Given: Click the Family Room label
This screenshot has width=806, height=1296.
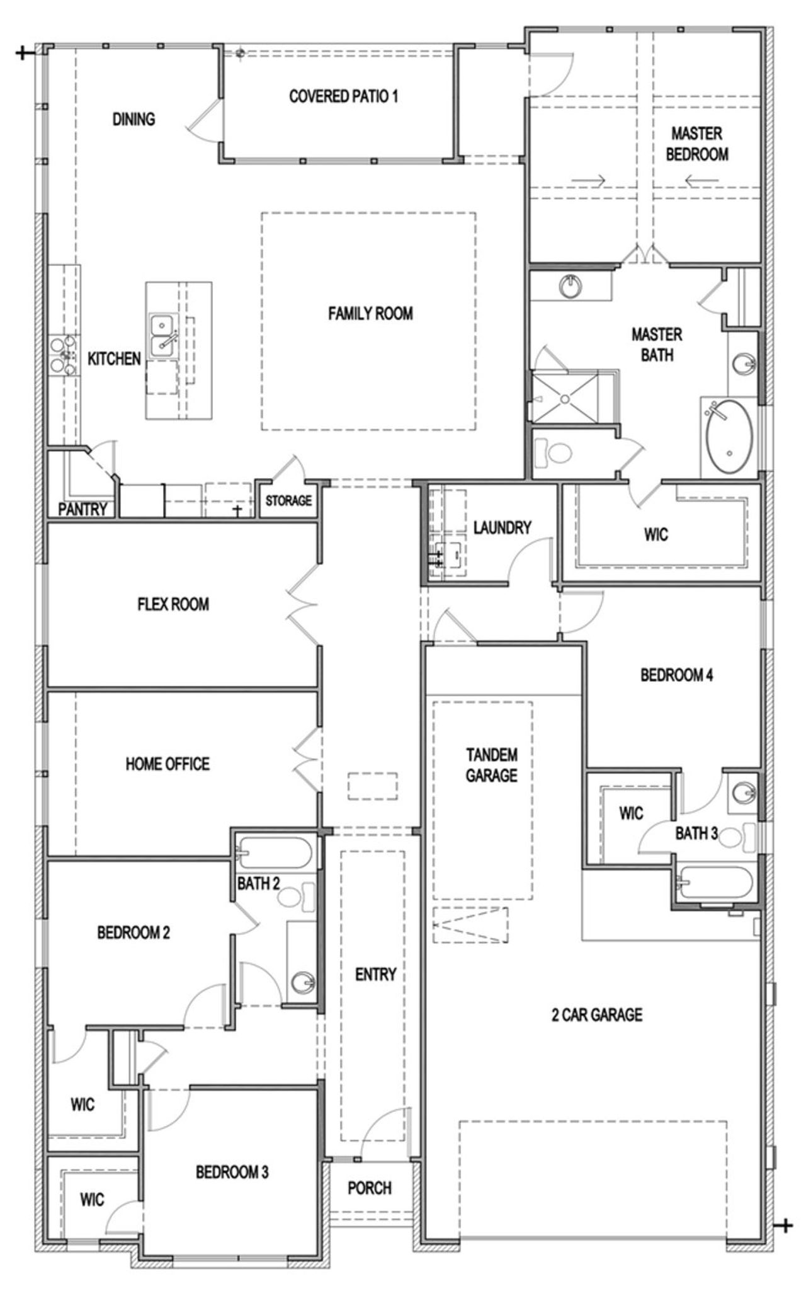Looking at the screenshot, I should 370,313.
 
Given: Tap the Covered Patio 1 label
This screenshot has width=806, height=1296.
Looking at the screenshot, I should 343,96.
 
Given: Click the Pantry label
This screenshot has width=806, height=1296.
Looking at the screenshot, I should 82,509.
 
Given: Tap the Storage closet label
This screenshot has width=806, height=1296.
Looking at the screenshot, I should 288,501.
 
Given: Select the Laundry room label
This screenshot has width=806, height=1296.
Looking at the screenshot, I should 502,527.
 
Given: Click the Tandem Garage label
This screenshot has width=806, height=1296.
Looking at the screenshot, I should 492,764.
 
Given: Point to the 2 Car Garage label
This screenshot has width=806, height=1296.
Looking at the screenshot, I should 597,1014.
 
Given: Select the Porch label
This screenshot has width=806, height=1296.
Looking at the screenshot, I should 370,1188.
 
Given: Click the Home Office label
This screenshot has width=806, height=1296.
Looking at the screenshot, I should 167,764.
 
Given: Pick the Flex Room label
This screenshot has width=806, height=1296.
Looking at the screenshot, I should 173,604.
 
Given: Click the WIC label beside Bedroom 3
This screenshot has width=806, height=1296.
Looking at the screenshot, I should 92,1200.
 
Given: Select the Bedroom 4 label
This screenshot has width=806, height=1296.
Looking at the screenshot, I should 676,675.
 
